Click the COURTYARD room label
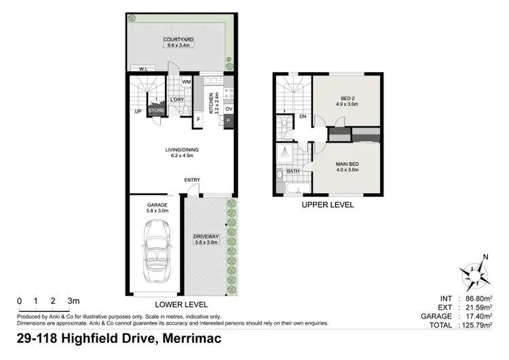click(x=179, y=41)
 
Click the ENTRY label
click(x=192, y=180)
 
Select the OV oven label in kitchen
click(x=229, y=109)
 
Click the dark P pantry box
click(x=229, y=122)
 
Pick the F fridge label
click(x=198, y=121)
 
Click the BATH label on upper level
click(x=293, y=171)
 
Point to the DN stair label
click(x=303, y=116)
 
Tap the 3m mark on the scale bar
click(x=72, y=301)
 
